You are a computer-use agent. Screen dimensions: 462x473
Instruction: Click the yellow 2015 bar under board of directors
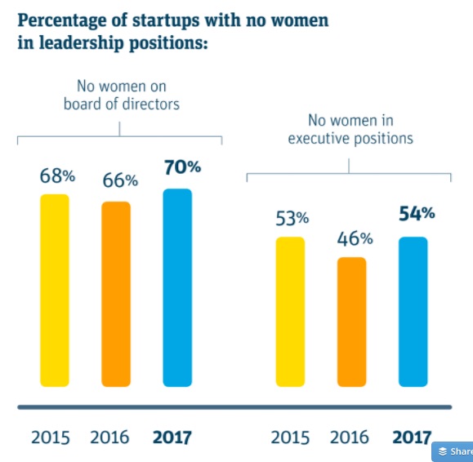point(55,290)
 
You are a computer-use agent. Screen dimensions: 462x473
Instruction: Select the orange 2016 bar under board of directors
point(116,293)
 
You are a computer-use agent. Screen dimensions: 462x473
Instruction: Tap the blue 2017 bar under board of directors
point(177,287)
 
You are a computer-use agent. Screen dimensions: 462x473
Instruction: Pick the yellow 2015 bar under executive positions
point(290,311)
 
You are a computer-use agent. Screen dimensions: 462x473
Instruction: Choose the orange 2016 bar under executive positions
point(351,322)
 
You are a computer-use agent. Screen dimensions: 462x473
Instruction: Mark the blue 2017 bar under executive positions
point(413,311)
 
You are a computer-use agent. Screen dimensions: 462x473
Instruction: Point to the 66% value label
point(119,181)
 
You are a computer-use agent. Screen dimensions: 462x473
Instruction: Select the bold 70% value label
point(182,167)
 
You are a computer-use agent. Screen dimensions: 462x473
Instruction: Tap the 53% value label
point(292,218)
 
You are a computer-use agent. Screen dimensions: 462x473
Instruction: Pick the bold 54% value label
point(417,214)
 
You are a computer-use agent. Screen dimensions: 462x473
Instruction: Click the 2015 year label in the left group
point(51,437)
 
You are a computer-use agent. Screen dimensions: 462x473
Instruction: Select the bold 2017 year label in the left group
point(172,437)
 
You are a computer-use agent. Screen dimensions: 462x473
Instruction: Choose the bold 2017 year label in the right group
point(412,437)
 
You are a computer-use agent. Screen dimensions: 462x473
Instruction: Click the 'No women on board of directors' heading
point(121,94)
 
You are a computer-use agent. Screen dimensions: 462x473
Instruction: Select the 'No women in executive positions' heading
point(350,130)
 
